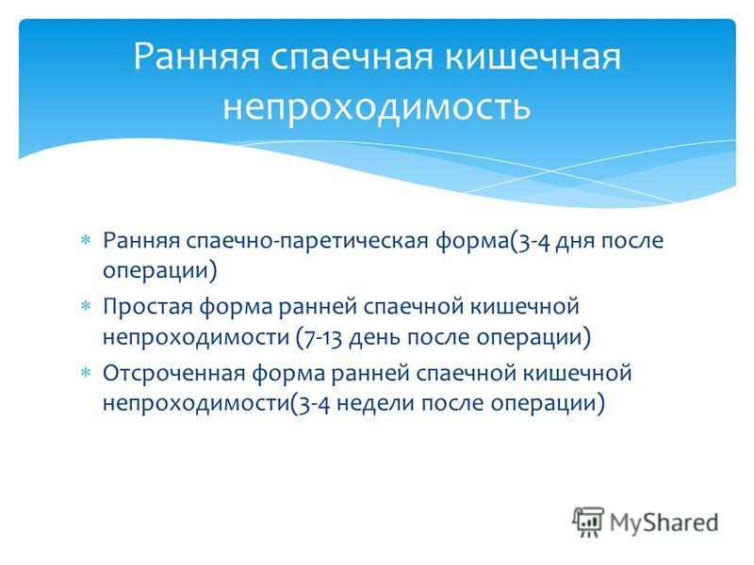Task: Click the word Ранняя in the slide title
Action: tap(196, 57)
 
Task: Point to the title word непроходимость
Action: tap(376, 106)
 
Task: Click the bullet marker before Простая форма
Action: tap(86, 306)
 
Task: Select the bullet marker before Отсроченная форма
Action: tap(86, 372)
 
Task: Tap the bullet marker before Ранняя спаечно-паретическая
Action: tap(86, 240)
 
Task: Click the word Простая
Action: tap(148, 307)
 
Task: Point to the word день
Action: tap(374, 337)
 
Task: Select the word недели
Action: tap(375, 404)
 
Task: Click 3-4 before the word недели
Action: tap(314, 404)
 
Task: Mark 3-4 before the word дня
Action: tap(533, 241)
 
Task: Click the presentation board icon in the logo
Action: tap(587, 522)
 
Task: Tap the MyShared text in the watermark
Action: tap(664, 523)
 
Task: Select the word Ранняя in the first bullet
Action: tap(141, 241)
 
